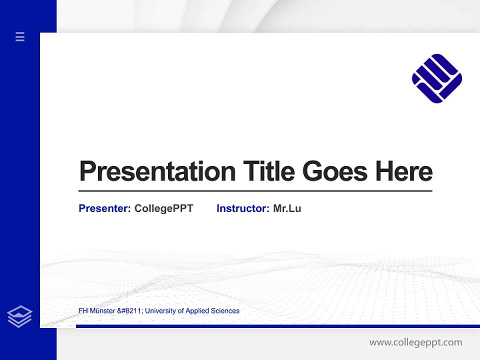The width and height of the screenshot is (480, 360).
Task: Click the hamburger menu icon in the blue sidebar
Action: point(20,36)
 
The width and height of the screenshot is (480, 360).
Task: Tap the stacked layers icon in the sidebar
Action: point(19,316)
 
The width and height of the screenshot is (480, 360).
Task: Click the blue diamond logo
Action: point(436,78)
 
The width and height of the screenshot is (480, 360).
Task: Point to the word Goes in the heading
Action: point(335,171)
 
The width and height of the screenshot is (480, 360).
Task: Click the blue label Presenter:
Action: point(104,208)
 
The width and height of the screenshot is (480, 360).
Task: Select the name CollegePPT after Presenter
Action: point(163,208)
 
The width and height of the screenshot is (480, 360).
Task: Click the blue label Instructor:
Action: point(242,208)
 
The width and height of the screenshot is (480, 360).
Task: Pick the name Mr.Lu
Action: point(287,208)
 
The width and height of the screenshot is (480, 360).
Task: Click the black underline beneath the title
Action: point(255,190)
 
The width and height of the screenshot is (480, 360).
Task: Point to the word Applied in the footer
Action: point(197,311)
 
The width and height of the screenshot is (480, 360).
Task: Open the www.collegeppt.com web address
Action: point(415,342)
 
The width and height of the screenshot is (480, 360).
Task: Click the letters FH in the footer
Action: point(83,311)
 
